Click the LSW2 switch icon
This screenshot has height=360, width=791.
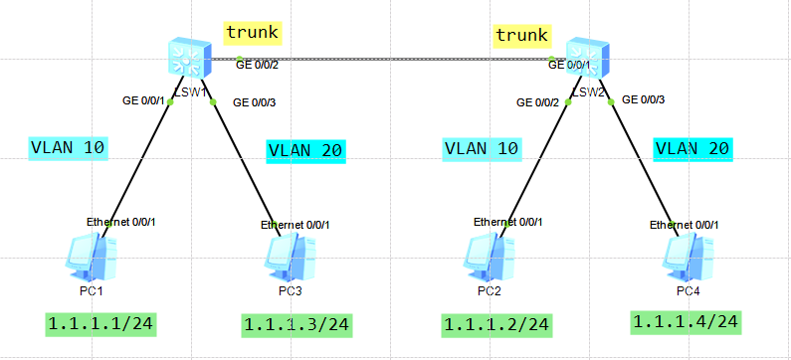pyautogui.click(x=586, y=61)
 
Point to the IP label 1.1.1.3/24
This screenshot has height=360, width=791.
pyautogui.click(x=296, y=324)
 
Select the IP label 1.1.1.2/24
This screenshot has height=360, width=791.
pyautogui.click(x=495, y=324)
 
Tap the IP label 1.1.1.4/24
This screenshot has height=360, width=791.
pyautogui.click(x=685, y=321)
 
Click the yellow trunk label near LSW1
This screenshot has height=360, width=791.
pyautogui.click(x=253, y=33)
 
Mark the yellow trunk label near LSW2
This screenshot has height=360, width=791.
pyautogui.click(x=522, y=36)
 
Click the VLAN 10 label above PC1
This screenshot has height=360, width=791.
pyautogui.click(x=68, y=148)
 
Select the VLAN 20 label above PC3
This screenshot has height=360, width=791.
pyautogui.click(x=304, y=151)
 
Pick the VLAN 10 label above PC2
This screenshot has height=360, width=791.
pyautogui.click(x=481, y=149)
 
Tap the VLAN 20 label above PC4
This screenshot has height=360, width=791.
pyautogui.click(x=692, y=149)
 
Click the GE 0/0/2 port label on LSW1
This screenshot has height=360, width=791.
pyautogui.click(x=257, y=66)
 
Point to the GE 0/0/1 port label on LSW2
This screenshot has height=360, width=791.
pyautogui.click(x=570, y=66)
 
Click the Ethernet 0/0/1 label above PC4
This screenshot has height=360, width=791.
pyautogui.click(x=685, y=225)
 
